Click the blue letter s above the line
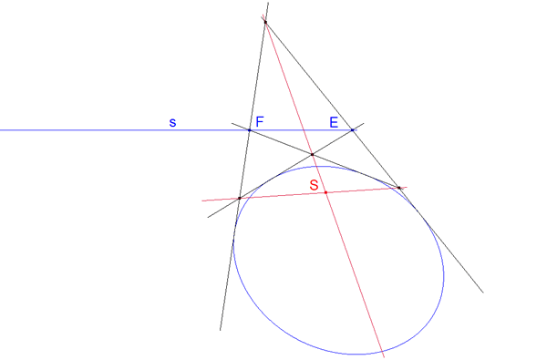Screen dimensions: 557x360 [x=172, y=121]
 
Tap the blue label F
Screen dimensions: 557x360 [x=260, y=121]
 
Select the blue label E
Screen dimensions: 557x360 [x=334, y=121]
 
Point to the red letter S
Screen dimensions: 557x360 [x=315, y=185]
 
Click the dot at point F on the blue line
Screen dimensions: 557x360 [x=249, y=130]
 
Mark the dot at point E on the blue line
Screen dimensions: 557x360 [x=352, y=130]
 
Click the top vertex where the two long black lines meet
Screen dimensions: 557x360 [x=265, y=21]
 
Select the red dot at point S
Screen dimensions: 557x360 [x=325, y=192]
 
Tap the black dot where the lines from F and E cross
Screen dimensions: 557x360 [x=312, y=154]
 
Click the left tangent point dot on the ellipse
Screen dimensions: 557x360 [x=239, y=198]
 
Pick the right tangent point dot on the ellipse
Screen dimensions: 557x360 [x=398, y=188]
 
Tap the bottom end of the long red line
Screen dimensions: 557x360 [x=385, y=356]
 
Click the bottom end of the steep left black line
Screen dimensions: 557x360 [x=221, y=330]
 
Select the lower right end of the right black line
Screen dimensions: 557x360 [x=482, y=293]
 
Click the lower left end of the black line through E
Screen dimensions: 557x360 [x=208, y=217]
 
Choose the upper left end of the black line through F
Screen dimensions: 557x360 [x=232, y=124]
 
